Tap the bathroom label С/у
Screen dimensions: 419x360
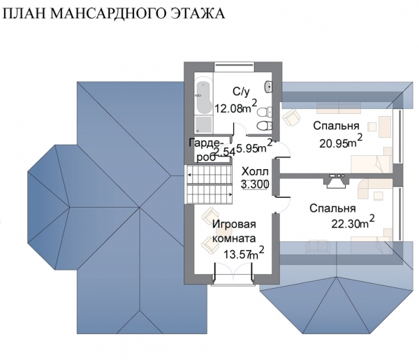241,92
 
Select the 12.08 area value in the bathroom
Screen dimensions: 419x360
228,108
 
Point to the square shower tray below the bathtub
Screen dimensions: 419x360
204,124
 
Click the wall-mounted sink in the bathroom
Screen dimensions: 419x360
268,87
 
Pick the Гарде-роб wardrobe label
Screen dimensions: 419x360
206,150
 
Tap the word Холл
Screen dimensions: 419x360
255,171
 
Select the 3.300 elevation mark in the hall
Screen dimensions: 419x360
255,185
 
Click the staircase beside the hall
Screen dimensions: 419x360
209,185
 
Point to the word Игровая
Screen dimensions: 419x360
234,224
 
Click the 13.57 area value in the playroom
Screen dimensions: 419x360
237,254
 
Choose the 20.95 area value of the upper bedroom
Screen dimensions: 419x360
334,143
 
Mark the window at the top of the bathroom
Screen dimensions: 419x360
235,64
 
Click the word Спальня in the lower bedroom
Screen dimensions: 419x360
332,208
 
